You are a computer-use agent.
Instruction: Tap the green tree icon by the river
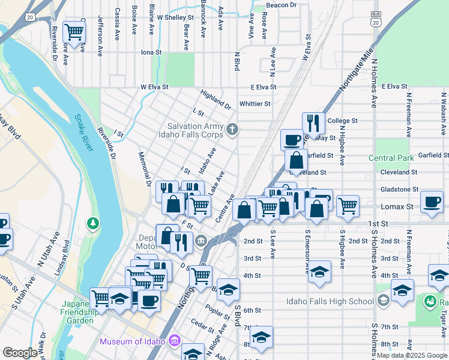93,224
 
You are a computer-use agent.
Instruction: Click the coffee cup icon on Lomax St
432,202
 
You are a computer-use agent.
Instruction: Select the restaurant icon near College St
313,124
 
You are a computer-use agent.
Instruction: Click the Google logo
20,353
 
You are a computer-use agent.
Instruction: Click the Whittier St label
255,104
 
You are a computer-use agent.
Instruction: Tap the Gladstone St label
399,189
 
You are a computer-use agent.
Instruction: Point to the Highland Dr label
215,98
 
